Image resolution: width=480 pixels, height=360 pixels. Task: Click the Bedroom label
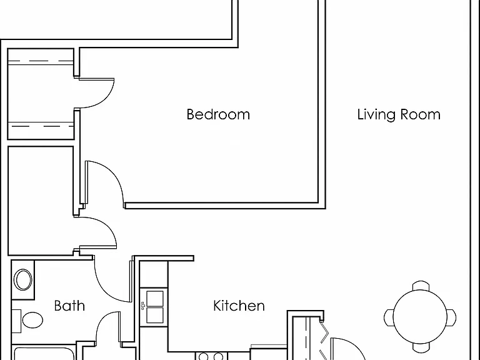coord(218,114)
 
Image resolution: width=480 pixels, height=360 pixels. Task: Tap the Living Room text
coord(399,114)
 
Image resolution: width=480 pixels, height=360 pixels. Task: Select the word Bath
coord(69,306)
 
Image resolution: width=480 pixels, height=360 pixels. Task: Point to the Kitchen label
coord(239,306)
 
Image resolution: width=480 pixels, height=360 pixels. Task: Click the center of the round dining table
coord(420,317)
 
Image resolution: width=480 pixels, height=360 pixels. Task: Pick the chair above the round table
coord(421,285)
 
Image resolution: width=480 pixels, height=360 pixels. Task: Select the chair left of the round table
coord(389,317)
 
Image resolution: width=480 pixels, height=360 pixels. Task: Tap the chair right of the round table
coord(451,317)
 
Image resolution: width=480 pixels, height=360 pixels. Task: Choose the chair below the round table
coord(421,347)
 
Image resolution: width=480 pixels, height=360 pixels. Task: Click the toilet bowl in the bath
coord(32,320)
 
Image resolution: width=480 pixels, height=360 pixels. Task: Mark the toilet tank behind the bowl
coord(16,321)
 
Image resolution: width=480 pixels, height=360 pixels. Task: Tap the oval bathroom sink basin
coord(23,279)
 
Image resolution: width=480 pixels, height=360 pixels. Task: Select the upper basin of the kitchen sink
coord(155,299)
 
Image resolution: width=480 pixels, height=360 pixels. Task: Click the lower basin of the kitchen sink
coord(155,315)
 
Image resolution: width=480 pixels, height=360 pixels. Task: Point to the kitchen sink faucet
coord(142,306)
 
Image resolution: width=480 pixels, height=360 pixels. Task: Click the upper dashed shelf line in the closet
coord(41,61)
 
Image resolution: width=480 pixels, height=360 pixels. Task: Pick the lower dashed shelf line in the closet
coord(41,126)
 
